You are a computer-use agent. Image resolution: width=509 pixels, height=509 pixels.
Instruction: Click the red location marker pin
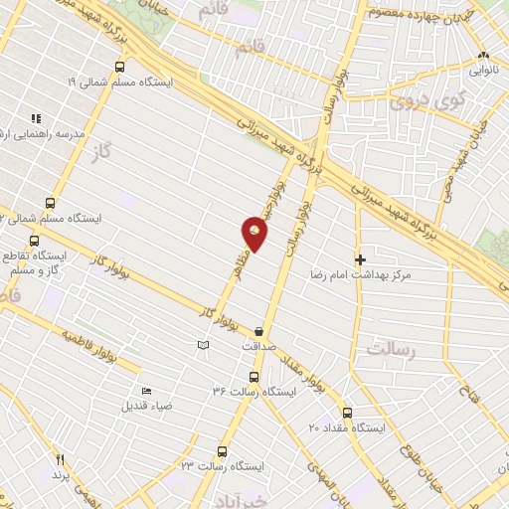click(x=254, y=236)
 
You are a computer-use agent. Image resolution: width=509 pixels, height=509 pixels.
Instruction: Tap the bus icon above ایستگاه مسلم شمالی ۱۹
click(x=119, y=67)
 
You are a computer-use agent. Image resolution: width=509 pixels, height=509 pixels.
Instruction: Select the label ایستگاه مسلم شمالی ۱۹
click(x=119, y=82)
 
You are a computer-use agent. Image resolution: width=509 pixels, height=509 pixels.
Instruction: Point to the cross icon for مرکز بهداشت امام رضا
click(x=361, y=258)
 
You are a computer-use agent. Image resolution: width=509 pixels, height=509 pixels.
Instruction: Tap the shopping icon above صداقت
click(x=259, y=332)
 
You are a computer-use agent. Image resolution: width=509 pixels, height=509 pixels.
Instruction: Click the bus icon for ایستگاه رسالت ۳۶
click(x=253, y=377)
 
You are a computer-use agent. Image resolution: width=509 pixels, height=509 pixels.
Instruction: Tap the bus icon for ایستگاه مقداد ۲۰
click(x=346, y=413)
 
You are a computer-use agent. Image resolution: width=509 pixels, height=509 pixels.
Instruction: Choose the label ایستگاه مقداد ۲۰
click(x=346, y=427)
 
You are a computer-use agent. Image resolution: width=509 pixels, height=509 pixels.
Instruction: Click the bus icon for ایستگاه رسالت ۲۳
click(x=225, y=449)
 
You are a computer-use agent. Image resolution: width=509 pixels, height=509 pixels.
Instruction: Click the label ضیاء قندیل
click(x=147, y=406)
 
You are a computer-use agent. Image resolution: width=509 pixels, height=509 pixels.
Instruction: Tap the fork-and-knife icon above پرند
click(x=61, y=460)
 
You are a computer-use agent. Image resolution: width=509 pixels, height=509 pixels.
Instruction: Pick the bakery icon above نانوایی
click(x=484, y=56)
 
